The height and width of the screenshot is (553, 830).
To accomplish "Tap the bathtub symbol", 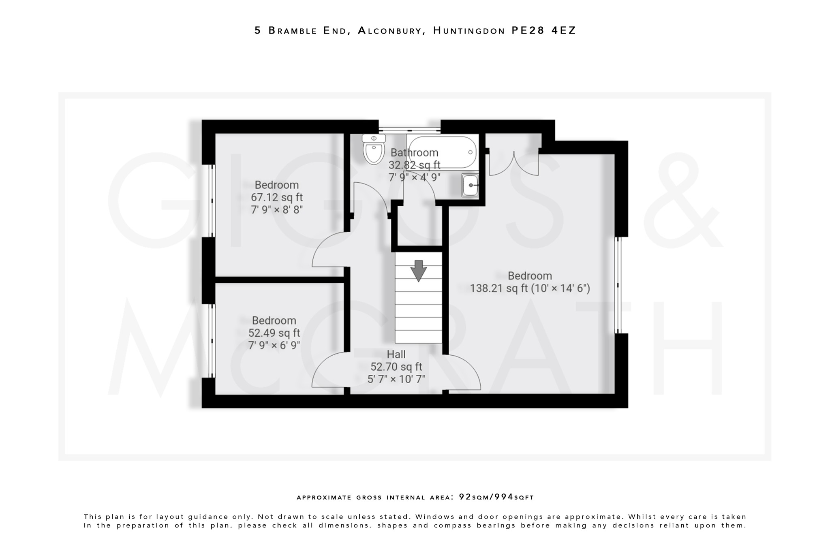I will (442, 152).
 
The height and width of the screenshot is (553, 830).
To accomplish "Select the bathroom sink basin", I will (470, 185).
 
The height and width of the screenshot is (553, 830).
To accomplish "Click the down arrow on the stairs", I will (418, 271).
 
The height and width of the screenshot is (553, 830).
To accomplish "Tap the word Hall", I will (396, 354).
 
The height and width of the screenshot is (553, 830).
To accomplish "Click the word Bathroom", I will (414, 153).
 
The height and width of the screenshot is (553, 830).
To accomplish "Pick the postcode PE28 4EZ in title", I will (543, 30).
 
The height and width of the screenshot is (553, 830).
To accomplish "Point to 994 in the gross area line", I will (503, 497).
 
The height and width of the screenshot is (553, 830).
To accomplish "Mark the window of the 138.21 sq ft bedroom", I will (618, 285).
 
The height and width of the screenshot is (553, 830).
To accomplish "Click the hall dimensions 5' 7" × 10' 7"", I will (396, 380).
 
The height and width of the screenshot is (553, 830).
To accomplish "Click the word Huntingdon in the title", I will (469, 31).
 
